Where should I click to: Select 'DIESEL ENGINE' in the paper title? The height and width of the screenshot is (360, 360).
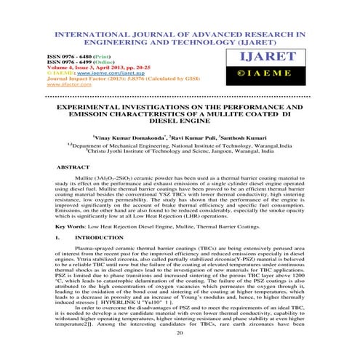(x=180, y=121)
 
